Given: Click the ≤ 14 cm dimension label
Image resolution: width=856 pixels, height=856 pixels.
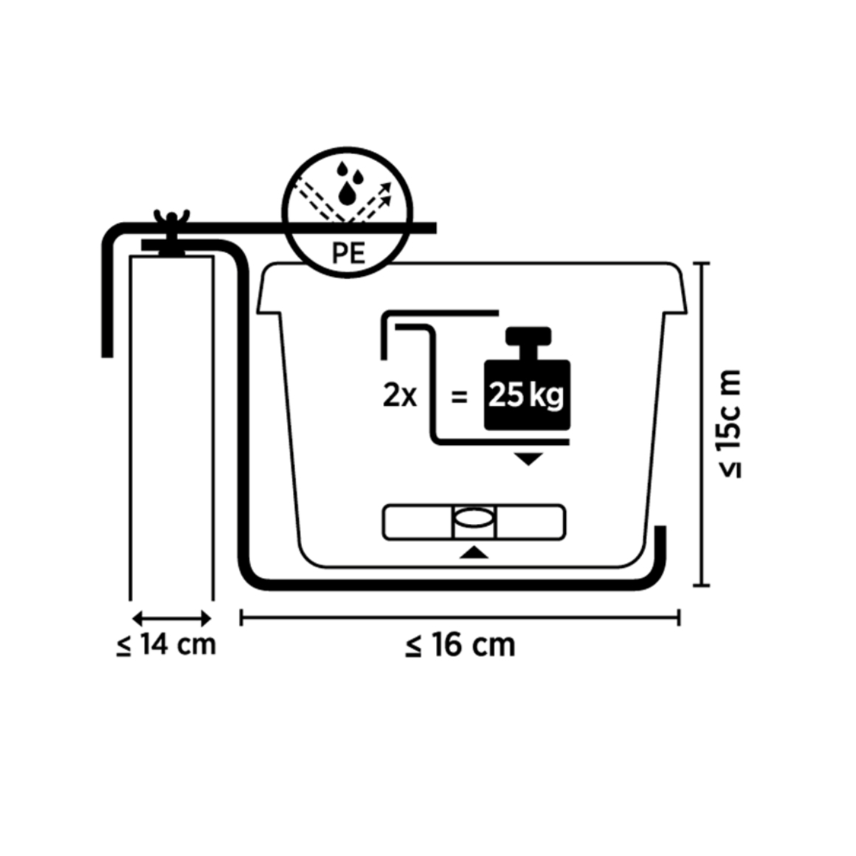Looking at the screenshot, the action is tap(167, 645).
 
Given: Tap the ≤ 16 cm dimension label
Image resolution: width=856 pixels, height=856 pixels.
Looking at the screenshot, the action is tap(460, 645).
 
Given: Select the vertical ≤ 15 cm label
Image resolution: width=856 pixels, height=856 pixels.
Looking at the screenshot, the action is tap(730, 424).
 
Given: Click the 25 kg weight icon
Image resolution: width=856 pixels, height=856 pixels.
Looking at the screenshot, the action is tap(528, 379).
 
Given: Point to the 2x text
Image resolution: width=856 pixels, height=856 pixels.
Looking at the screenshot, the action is tap(400, 396).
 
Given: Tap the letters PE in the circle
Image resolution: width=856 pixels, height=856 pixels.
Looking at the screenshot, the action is tap(348, 253).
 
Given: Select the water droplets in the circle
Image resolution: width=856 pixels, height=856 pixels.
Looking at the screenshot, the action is tap(348, 183).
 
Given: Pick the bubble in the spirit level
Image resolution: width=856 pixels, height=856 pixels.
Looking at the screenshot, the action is tap(474, 518).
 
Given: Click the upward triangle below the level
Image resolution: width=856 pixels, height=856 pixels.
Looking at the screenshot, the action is tap(474, 553).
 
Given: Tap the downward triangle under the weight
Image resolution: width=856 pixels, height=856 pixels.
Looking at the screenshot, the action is tap(528, 459).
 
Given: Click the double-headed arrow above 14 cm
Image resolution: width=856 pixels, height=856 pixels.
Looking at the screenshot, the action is tap(171, 618).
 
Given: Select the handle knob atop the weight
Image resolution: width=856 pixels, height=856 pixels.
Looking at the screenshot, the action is tap(528, 336).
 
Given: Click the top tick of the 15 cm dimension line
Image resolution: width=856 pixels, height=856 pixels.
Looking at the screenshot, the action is tap(702, 263).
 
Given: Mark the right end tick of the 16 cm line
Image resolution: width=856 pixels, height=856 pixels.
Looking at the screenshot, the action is tap(679, 618).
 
